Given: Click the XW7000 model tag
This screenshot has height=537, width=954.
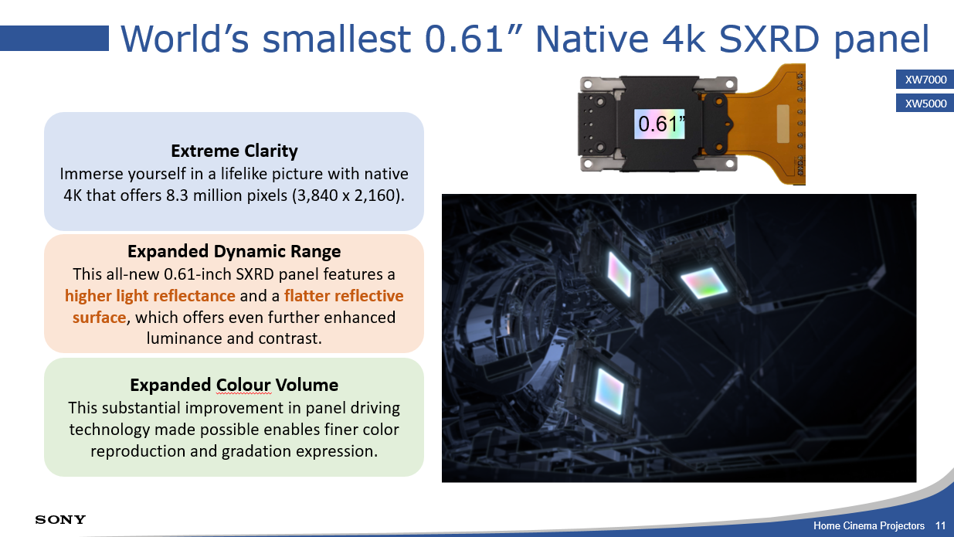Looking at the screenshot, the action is pos(925,80).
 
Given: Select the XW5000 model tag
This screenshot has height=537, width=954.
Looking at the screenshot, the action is pos(925,103).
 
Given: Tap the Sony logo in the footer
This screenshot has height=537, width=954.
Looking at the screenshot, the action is pos(60,519).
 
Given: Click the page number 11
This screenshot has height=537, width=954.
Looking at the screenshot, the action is pos(941,526).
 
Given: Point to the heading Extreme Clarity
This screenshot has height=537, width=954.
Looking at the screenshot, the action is pos(234,151).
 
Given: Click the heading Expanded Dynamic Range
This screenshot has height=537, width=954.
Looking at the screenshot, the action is pos(234,251).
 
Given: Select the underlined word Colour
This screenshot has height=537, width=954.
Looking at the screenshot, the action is pos(243,385).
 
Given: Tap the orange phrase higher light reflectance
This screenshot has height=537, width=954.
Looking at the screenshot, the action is pos(150,296).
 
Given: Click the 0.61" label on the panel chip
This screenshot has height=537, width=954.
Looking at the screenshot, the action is pos(660,124).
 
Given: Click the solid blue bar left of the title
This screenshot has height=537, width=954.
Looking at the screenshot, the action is pos(55,39).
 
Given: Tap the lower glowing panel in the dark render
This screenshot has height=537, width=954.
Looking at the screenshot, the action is pos(609,392).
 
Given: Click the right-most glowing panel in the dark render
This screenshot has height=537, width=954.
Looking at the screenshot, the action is pos(704,282).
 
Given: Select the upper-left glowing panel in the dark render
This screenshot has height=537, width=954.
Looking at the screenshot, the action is pos(620,274).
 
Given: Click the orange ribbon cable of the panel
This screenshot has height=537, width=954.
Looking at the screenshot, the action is pos(762,124).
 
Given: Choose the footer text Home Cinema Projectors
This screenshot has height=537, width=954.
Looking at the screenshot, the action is pos(869,526).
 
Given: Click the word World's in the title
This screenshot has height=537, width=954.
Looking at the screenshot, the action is pos(185,39).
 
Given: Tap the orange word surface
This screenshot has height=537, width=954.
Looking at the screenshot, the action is pos(99,318).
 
